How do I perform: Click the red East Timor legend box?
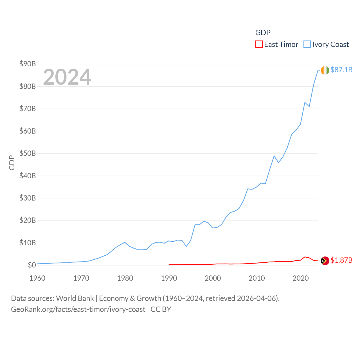point(259,44)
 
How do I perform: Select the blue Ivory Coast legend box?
point(307,44)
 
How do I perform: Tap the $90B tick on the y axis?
point(28,64)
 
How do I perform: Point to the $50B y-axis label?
point(28,153)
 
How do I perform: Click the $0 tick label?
point(32,265)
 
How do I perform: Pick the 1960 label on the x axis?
point(37,278)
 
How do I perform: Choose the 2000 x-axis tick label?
point(213,278)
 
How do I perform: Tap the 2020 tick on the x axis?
point(301,278)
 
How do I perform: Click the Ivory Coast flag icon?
point(325,70)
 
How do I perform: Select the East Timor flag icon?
point(325,261)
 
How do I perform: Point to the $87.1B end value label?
point(341,70)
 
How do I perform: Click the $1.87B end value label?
point(341,260)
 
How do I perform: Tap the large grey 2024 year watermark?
point(67,77)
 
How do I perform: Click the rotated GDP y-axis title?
point(12,163)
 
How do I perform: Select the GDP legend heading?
point(263,33)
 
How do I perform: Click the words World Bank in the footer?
point(75,298)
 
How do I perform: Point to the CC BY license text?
point(161,309)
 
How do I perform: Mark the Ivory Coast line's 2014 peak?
point(274,156)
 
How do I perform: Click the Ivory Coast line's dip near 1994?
point(186,246)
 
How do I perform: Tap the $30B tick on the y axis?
point(28,198)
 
